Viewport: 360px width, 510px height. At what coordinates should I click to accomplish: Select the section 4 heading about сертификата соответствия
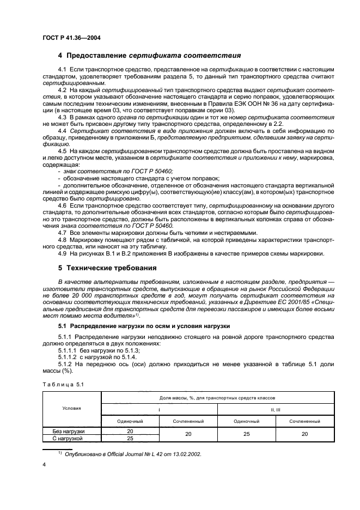pyautogui.click(x=149, y=56)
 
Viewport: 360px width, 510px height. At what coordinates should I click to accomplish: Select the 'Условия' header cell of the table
pyautogui.click(x=71, y=408)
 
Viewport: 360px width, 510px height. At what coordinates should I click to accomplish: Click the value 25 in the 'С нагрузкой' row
pyautogui.click(x=130, y=438)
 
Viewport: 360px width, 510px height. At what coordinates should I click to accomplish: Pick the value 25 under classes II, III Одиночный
pyautogui.click(x=246, y=434)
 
